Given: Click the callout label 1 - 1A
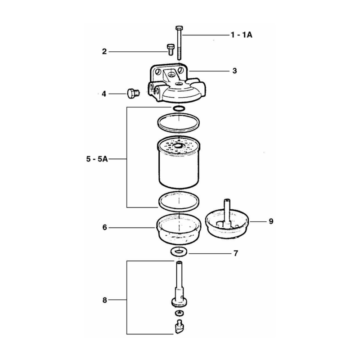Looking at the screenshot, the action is pos(241,35).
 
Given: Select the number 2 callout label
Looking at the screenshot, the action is pos(104,51).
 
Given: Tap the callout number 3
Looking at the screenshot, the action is pos(234,71).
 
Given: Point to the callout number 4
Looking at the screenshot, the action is pos(104,94).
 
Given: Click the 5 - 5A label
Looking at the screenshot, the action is pos(97,159).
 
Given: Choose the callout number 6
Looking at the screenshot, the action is pos(105,227).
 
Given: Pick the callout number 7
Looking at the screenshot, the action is pos(236,253).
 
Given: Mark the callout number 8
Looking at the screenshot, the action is pos(105,300).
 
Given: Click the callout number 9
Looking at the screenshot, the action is pos(271,221).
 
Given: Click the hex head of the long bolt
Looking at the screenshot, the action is pos(179,28).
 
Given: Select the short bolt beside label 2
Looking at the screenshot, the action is pos(170,49).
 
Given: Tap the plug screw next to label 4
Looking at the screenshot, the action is pos(133,94).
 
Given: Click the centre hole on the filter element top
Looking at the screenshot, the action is pos(178,146).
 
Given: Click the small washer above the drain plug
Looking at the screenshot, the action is pos(179,313).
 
